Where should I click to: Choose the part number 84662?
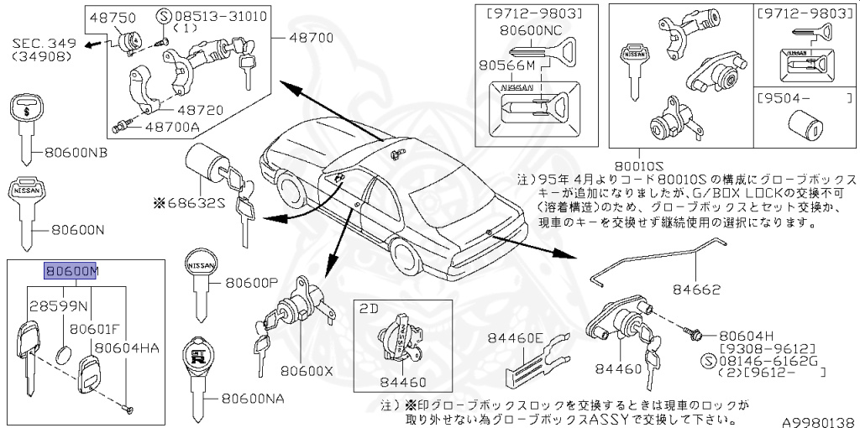tap(695, 290)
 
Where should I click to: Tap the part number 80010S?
tap(663, 165)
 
